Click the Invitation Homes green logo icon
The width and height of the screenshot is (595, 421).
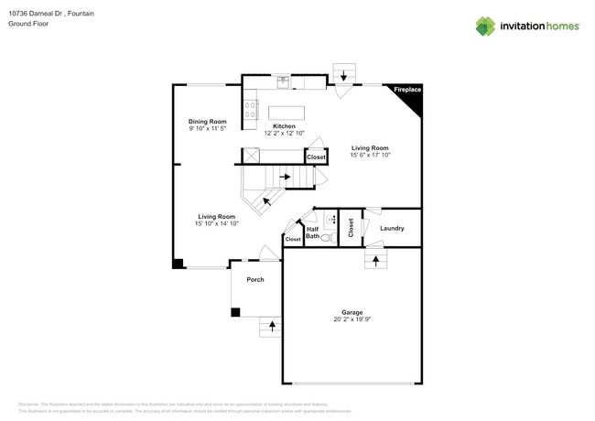pos(485,26)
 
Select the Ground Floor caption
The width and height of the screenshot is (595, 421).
pos(28,24)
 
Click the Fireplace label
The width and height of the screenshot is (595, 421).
pos(407,90)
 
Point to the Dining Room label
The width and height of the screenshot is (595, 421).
pos(207,122)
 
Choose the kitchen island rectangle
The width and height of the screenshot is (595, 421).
pos(286,113)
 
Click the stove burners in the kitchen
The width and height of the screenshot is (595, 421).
pos(250,110)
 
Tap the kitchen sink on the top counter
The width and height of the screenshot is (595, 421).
pos(284,81)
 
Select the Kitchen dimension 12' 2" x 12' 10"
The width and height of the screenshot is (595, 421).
pos(285,134)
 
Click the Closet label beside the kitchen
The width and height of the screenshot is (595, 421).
pos(316,157)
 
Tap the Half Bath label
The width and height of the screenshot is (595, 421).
pos(312,233)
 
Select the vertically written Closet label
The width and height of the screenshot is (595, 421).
pos(351,228)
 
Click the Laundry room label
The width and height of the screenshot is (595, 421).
pos(392,228)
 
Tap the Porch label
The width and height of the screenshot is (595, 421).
pos(254,279)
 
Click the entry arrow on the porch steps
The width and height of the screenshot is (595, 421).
pos(271,326)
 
